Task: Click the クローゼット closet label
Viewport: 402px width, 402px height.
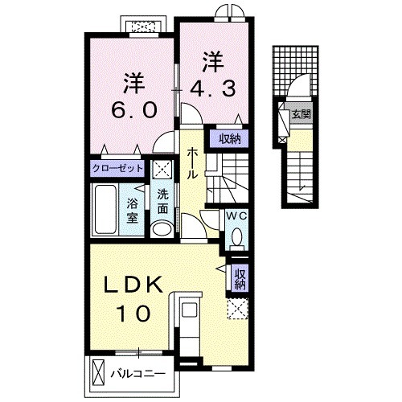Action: [x=117, y=169]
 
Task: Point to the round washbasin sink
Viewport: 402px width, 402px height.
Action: [x=162, y=228]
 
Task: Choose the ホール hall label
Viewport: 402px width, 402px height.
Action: [x=194, y=163]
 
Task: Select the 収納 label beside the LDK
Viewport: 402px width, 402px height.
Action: [x=240, y=280]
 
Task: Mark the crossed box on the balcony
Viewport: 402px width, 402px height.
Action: [x=98, y=374]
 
